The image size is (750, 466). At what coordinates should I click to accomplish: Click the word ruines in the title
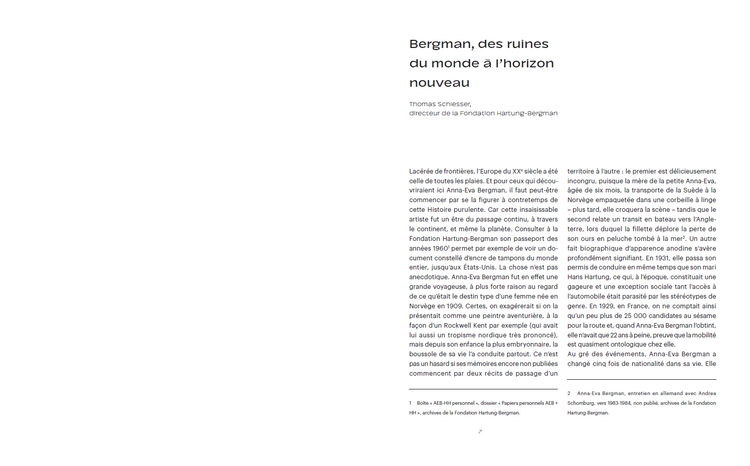[x=528, y=44]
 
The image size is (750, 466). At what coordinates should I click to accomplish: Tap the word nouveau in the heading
[x=439, y=83]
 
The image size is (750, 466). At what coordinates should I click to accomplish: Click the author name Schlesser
[x=454, y=104]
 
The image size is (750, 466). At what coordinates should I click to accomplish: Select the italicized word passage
[x=488, y=219]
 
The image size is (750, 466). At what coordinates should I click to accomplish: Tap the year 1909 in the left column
[x=455, y=306]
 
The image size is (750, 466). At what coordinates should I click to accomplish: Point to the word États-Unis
[x=479, y=267]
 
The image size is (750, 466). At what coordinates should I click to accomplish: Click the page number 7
[x=480, y=432]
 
